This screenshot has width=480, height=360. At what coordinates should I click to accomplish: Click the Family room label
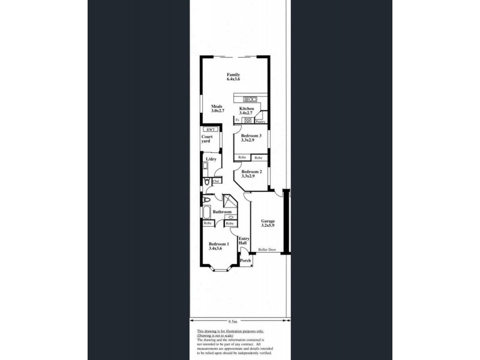click(233, 76)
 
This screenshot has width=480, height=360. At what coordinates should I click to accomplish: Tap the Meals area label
click(217, 109)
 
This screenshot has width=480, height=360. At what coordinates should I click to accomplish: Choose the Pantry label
click(260, 122)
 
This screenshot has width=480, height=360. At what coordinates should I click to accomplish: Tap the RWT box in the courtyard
click(211, 130)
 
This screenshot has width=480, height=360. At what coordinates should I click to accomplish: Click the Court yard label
click(206, 139)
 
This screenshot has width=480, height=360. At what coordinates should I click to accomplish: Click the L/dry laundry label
click(211, 159)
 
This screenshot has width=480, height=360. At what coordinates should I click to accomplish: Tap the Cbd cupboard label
click(215, 181)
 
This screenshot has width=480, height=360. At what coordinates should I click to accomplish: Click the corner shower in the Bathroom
click(228, 201)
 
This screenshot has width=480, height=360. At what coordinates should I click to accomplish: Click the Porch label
click(245, 261)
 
